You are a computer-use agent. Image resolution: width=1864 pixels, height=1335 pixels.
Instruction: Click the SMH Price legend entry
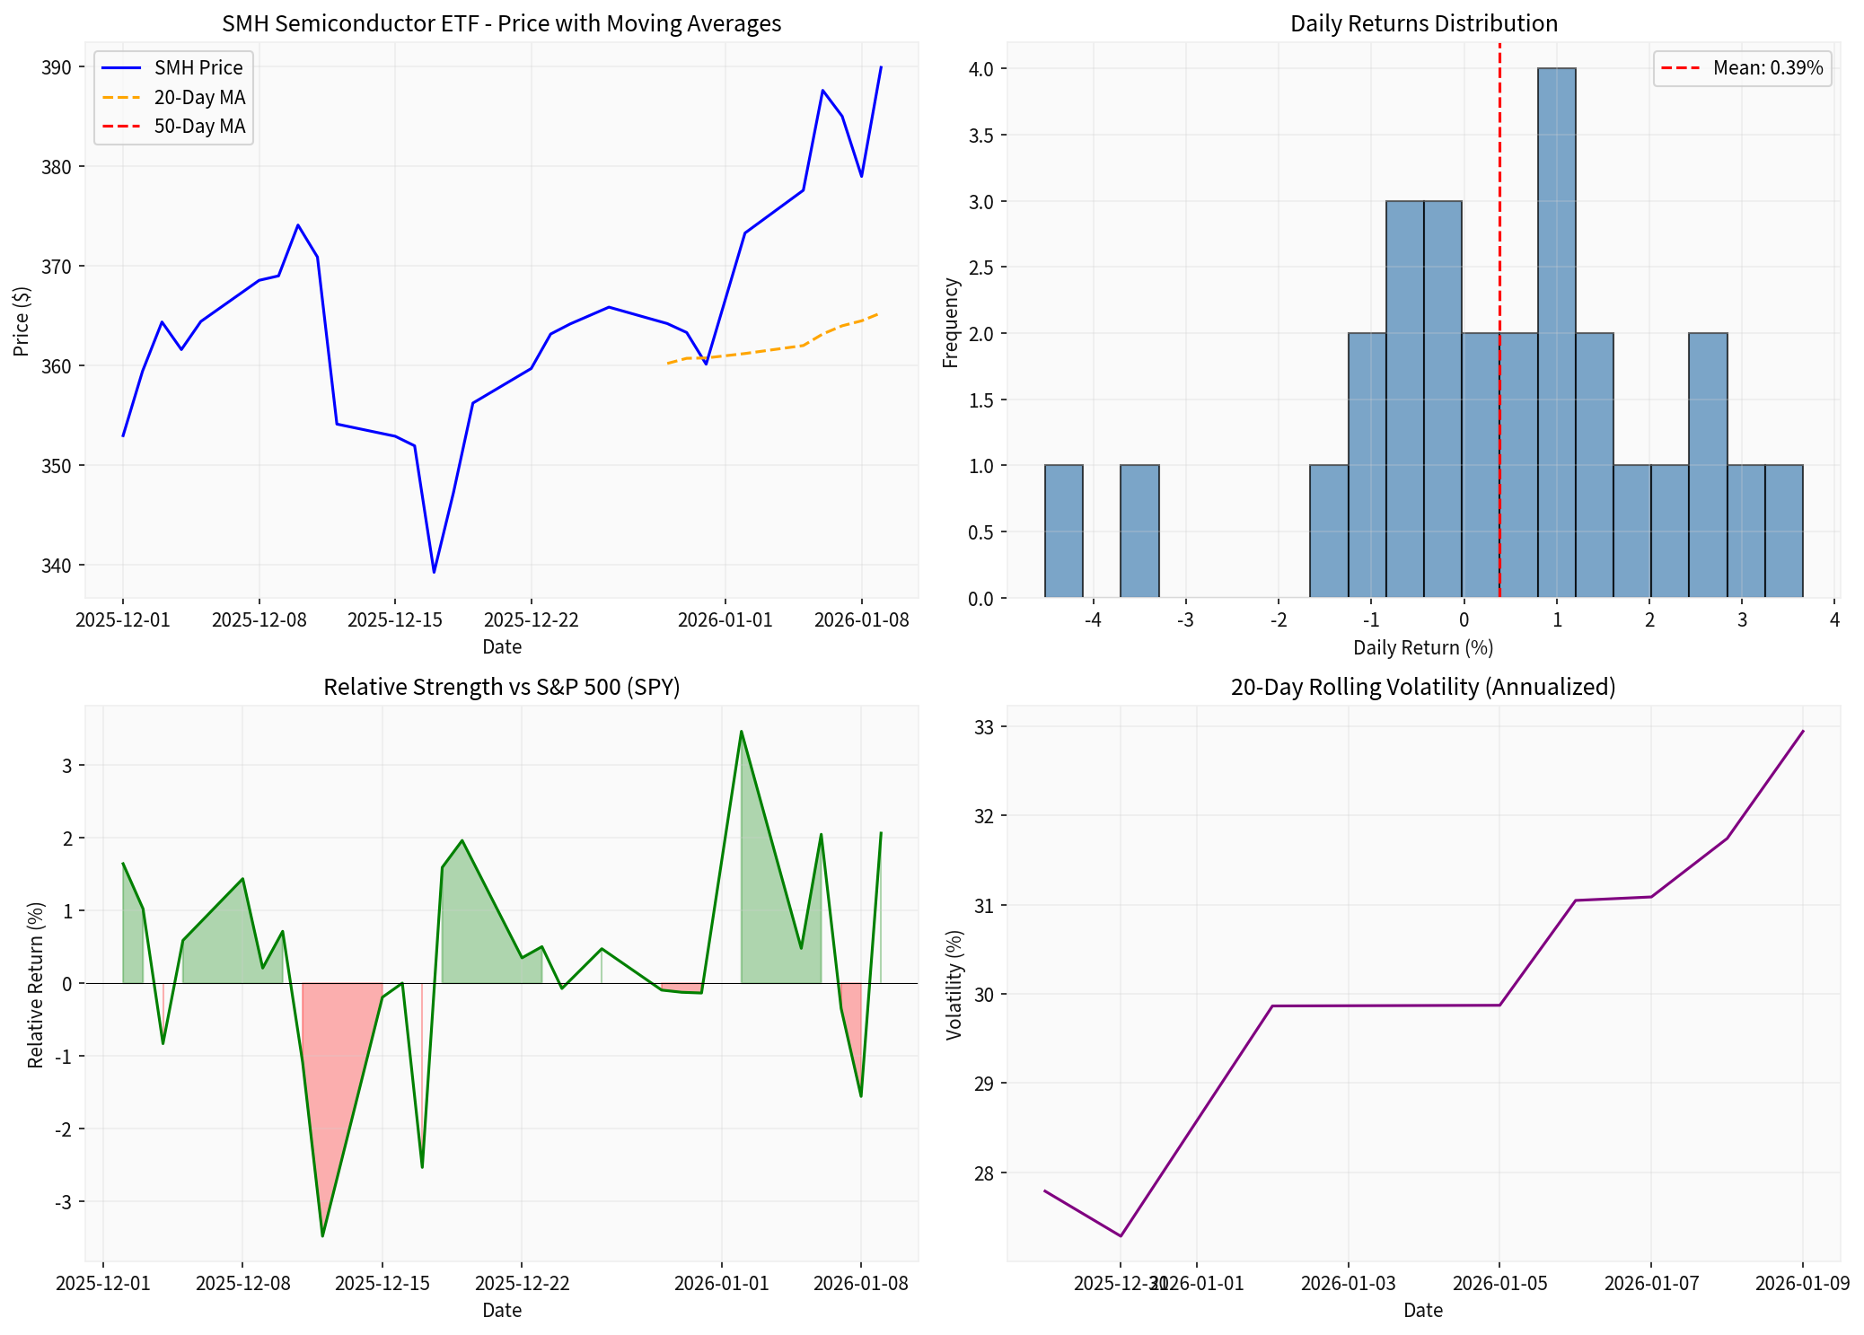click(x=198, y=68)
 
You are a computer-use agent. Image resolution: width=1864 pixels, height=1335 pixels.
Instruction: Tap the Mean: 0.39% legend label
click(x=1767, y=68)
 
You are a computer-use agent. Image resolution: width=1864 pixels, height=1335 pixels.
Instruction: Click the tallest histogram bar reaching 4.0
click(x=1556, y=332)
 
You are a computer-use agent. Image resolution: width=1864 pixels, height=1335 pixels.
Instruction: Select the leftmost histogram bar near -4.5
click(x=1063, y=531)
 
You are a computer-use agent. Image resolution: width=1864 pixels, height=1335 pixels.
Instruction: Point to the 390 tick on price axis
click(x=57, y=68)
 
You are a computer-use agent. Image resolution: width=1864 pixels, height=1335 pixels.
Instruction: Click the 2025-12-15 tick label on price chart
click(x=395, y=620)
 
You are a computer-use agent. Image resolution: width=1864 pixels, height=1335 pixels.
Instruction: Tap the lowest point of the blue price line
click(x=434, y=572)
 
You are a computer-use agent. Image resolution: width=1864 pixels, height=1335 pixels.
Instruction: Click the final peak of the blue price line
click(x=881, y=67)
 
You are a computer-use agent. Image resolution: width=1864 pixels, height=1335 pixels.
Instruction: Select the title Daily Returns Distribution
click(x=1423, y=23)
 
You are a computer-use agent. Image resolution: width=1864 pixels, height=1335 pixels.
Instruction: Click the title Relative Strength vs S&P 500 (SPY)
click(x=501, y=687)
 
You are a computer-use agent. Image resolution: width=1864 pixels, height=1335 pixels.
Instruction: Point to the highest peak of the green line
click(x=741, y=732)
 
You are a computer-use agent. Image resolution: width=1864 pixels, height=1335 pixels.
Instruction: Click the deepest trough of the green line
click(x=322, y=1235)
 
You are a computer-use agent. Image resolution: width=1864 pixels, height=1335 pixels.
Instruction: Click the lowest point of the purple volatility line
click(x=1121, y=1235)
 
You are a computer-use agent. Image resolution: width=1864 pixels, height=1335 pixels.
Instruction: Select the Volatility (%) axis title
click(x=954, y=985)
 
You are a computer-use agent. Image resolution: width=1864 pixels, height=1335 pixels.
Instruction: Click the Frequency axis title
click(x=950, y=322)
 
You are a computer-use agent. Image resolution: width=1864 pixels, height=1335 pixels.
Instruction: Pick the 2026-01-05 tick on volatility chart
click(x=1499, y=1284)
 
